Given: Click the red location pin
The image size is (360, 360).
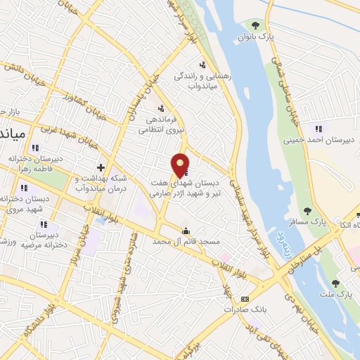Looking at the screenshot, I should tap(180, 164).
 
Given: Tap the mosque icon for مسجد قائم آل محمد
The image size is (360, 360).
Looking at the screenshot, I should tap(186, 231).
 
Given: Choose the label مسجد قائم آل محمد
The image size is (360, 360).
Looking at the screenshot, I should tap(186, 241).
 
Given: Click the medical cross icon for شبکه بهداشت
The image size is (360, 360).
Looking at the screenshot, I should tap(101, 167).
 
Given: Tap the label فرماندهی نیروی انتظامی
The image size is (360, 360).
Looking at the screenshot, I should tap(161, 124).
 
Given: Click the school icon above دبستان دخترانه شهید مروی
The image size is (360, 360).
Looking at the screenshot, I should tap(25, 188).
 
